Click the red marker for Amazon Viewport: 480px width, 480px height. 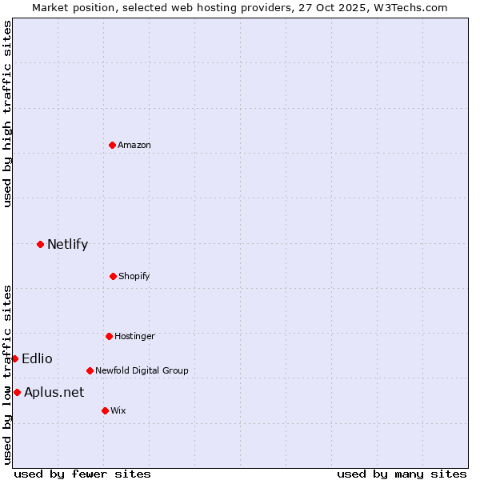[x=112, y=145]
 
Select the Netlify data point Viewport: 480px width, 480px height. [x=40, y=244]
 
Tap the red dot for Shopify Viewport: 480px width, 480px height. [x=113, y=276]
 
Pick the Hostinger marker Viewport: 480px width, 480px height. [x=109, y=336]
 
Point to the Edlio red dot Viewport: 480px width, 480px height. [x=14, y=358]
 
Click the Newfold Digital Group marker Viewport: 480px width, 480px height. [x=90, y=370]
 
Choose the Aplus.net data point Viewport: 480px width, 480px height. [x=17, y=392]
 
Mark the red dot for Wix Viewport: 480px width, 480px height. [x=105, y=410]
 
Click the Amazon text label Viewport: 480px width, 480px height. [x=134, y=145]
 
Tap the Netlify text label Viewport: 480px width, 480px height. [x=67, y=244]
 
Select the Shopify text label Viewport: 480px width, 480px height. [x=134, y=276]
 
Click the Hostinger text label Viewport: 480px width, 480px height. [x=134, y=336]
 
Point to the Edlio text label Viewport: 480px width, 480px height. [x=37, y=358]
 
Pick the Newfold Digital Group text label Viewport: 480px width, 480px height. [x=142, y=370]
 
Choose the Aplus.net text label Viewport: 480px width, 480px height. [x=54, y=392]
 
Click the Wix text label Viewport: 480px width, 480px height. [x=118, y=410]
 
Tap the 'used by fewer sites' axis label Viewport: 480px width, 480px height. [x=82, y=474]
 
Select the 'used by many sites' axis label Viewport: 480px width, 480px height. [x=402, y=474]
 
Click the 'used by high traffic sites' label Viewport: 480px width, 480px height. [x=7, y=114]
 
